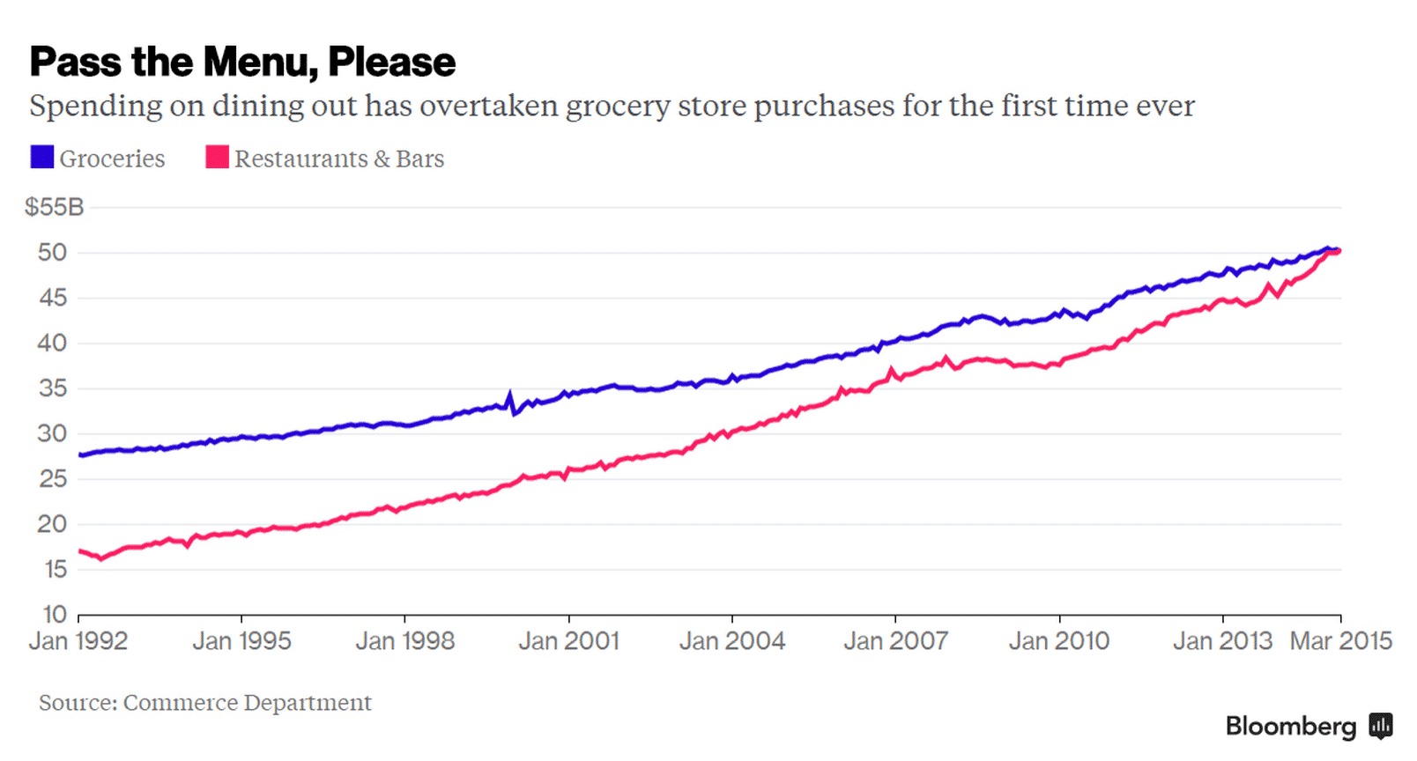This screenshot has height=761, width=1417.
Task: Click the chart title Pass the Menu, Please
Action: [x=242, y=62]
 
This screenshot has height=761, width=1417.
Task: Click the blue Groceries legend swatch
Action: [x=41, y=158]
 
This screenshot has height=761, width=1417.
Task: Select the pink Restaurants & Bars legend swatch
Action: [x=217, y=158]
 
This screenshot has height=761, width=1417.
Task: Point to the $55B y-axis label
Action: [x=54, y=207]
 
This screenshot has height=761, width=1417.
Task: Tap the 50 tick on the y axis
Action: [x=52, y=253]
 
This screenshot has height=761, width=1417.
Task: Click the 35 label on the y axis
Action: [x=52, y=388]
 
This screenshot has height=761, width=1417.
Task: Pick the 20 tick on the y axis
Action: [x=52, y=524]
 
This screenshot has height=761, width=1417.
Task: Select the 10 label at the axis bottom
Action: [x=54, y=614]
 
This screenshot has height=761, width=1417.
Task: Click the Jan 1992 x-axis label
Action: [x=78, y=641]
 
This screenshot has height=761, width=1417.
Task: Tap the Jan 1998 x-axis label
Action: [x=405, y=641]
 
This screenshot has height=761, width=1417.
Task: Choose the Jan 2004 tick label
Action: [x=732, y=641]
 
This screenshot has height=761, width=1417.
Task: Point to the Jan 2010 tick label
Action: [x=1059, y=641]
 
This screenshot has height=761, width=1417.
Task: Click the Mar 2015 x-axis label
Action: [x=1340, y=641]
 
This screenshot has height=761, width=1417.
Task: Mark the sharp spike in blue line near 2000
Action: [x=510, y=395]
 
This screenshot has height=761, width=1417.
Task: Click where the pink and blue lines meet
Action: [x=1337, y=251]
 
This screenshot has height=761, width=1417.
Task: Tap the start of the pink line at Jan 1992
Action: [x=80, y=551]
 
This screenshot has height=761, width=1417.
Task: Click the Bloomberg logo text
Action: [x=1290, y=727]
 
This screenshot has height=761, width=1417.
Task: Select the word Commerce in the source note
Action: [x=180, y=703]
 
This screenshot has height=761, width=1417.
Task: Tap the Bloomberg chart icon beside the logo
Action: [x=1380, y=727]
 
